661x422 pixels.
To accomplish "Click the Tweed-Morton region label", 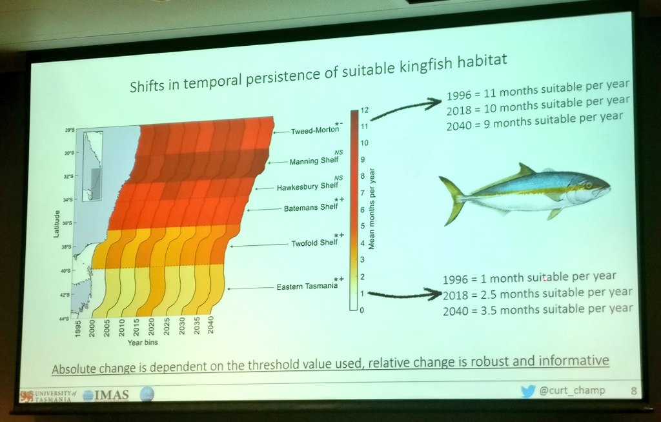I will (314, 130).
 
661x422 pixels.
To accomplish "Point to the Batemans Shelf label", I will (311, 207).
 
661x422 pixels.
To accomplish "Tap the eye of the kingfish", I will (588, 186).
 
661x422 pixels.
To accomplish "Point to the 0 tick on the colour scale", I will (362, 310).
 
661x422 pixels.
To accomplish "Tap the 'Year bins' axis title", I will (144, 344).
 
